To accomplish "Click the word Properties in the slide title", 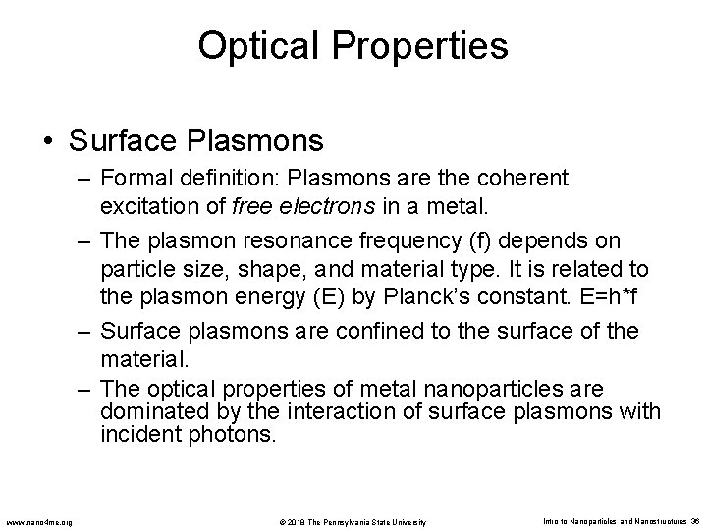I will [422, 46].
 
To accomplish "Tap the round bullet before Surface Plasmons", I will [49, 142].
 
